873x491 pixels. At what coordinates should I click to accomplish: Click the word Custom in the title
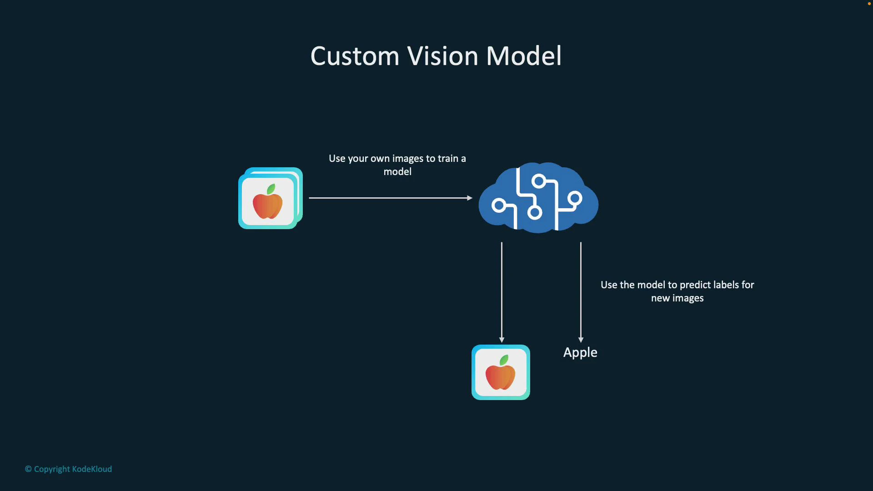(355, 56)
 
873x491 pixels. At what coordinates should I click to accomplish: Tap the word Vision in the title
(442, 56)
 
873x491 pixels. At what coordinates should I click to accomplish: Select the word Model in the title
(524, 56)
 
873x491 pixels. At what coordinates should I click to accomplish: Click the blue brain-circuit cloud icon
(538, 198)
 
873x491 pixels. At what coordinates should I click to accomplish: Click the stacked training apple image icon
(270, 199)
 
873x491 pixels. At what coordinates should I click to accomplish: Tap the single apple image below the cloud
(501, 372)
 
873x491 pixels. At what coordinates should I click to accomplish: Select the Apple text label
(580, 353)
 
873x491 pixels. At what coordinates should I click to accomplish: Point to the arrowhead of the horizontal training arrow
(470, 198)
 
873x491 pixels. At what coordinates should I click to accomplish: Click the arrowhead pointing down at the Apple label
(581, 340)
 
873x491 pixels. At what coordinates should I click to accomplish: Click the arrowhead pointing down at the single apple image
(502, 340)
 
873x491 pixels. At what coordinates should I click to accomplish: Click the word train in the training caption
(448, 159)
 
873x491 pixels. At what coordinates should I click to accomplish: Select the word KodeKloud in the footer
(92, 469)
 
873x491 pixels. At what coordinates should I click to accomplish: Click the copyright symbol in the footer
(28, 469)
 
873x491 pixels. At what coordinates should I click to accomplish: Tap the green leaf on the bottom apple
(504, 361)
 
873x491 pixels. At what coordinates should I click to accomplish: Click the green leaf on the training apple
(271, 189)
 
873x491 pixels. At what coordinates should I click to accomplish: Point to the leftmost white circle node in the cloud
(499, 205)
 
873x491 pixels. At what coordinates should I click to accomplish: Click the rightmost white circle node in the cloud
(575, 199)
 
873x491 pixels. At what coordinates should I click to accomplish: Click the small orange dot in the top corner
(869, 4)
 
